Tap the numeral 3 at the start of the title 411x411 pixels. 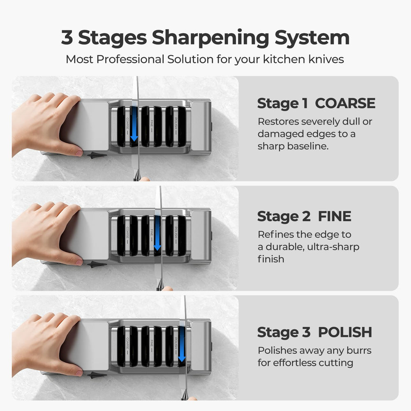click(x=67, y=37)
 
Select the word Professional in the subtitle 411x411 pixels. click(x=130, y=60)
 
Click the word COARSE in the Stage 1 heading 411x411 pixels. click(x=345, y=103)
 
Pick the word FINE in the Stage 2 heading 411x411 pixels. click(x=335, y=216)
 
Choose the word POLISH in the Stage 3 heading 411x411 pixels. click(x=345, y=332)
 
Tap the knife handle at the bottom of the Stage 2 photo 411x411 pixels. click(x=160, y=285)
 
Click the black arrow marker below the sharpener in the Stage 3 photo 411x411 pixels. click(x=97, y=375)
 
